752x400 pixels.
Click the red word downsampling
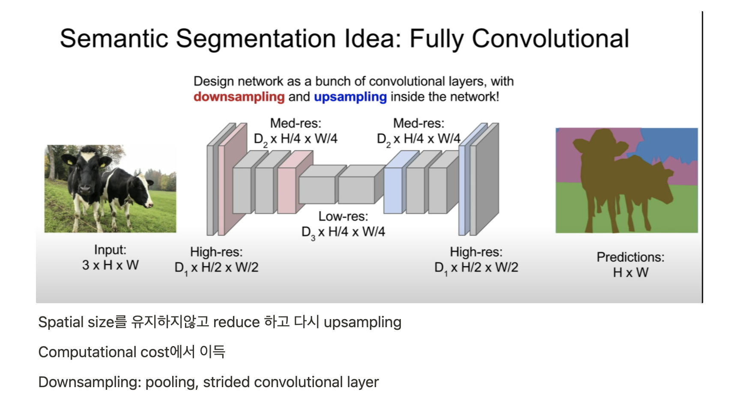(x=239, y=97)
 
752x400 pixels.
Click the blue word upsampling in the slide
(x=350, y=97)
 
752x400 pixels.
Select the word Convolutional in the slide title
(x=550, y=39)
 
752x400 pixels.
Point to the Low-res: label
(x=343, y=216)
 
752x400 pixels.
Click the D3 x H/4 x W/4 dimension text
(x=343, y=232)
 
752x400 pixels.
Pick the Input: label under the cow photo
(x=110, y=250)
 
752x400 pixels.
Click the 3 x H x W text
(x=110, y=265)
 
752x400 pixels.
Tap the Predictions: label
(x=630, y=257)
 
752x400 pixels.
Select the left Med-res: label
(x=295, y=123)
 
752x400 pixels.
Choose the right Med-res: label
(x=418, y=123)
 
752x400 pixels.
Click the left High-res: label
(x=216, y=252)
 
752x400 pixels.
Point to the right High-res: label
(x=476, y=252)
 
